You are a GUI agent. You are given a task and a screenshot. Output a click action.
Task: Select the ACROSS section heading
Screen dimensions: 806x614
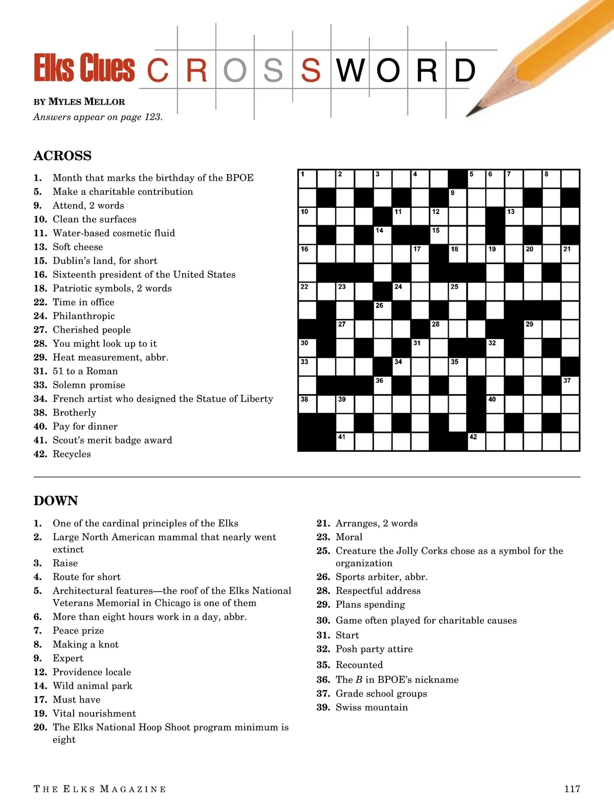62,156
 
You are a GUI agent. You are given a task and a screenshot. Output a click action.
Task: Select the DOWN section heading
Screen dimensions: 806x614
56,500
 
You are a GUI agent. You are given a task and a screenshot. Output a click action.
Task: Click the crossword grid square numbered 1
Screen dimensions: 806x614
308,179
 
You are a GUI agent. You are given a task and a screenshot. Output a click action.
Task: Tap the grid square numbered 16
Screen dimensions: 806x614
308,254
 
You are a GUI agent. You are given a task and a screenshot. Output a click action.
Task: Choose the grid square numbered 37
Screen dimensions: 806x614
571,385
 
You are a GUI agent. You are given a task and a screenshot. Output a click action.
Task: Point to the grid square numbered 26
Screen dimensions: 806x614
383,310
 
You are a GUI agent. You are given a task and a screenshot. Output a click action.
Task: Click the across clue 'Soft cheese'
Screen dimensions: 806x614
78,247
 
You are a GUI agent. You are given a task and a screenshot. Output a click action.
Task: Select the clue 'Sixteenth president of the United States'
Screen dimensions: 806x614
144,274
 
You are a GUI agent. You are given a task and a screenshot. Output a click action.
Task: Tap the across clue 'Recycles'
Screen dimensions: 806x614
72,454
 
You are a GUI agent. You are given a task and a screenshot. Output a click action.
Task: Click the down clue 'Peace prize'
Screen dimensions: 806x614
78,630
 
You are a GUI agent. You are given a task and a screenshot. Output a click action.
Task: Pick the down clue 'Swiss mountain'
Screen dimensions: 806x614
371,707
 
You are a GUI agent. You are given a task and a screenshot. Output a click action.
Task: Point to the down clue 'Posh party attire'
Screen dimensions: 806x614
374,649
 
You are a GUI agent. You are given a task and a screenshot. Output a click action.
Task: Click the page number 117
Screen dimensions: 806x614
572,789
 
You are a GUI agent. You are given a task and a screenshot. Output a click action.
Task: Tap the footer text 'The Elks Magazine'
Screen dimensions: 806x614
100,789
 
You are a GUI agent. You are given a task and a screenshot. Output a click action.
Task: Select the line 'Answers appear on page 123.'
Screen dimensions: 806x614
98,117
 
